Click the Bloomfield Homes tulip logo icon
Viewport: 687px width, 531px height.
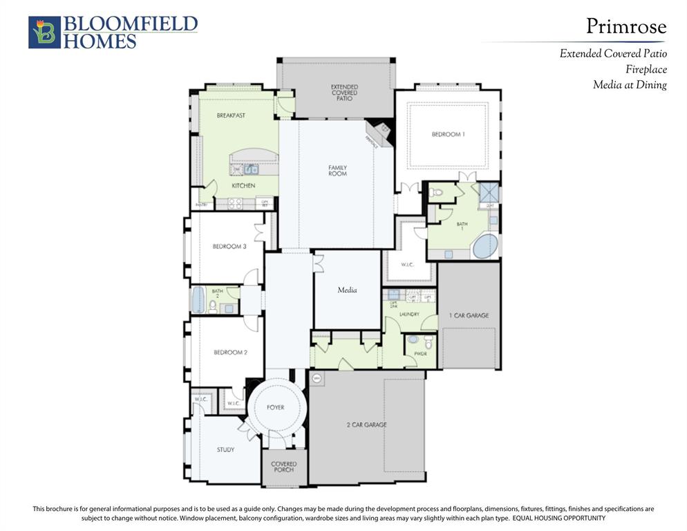click(x=44, y=32)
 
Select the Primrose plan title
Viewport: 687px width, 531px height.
click(x=626, y=26)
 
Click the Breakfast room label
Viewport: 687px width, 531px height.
click(x=231, y=115)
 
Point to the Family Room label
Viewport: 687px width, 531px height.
click(x=337, y=170)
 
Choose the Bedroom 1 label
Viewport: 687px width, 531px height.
click(x=448, y=134)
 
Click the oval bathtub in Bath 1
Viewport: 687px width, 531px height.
click(x=485, y=245)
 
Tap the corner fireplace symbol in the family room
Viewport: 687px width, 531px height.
click(x=378, y=131)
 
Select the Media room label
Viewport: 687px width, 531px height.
click(x=347, y=290)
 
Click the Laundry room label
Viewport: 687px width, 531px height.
click(x=409, y=314)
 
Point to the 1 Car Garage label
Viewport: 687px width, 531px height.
click(x=470, y=315)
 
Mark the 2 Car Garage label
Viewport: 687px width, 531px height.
click(x=366, y=425)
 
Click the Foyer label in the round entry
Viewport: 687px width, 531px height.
click(x=275, y=407)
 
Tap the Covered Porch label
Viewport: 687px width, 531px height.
click(x=283, y=467)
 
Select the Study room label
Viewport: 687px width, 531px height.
click(x=225, y=449)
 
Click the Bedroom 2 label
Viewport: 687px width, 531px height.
click(x=230, y=353)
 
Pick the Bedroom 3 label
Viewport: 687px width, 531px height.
click(x=229, y=246)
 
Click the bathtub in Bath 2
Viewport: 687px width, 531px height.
click(x=198, y=300)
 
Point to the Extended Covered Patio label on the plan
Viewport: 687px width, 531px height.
click(x=344, y=93)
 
